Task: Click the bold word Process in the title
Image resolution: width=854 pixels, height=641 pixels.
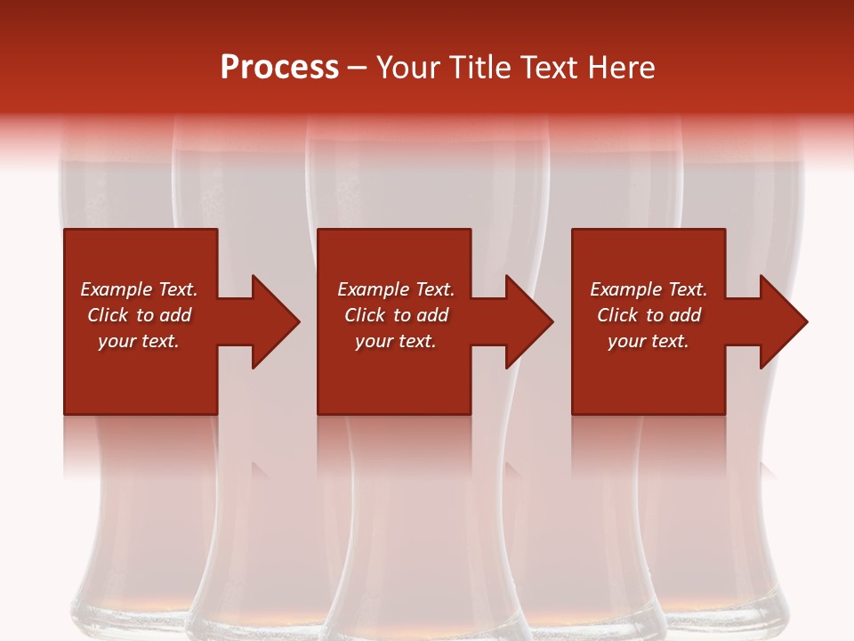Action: click(279, 68)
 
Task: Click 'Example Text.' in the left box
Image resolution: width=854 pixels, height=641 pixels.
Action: click(139, 289)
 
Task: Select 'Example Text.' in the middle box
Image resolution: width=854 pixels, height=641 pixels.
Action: click(396, 289)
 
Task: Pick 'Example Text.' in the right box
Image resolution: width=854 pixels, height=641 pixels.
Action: click(649, 289)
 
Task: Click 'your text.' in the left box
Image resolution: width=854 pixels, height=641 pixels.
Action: click(139, 341)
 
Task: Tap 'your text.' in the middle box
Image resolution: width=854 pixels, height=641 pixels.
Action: click(396, 341)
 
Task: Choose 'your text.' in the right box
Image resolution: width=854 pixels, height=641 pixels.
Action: click(649, 341)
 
